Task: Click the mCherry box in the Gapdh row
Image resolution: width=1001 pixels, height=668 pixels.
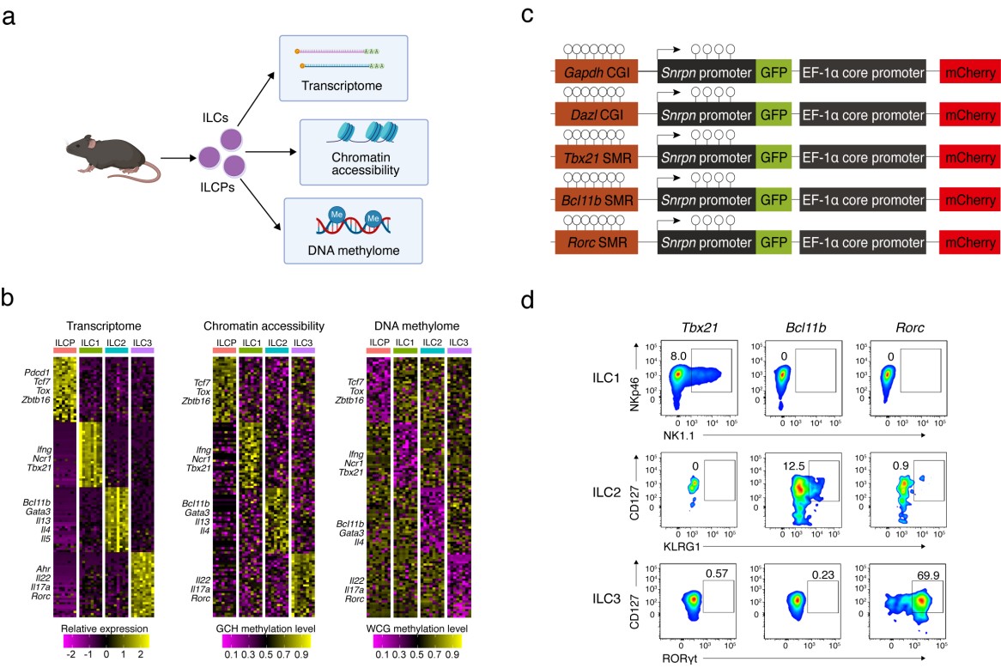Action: pos(968,70)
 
